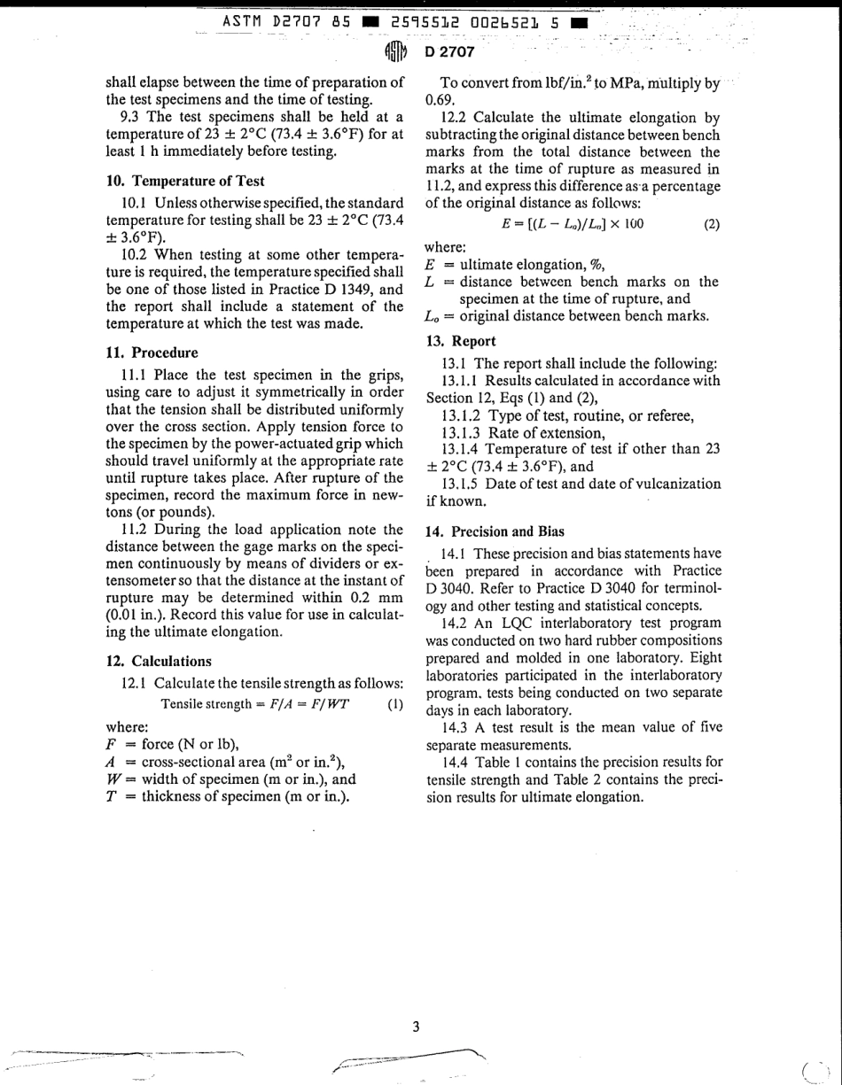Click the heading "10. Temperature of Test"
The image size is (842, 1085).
(185, 181)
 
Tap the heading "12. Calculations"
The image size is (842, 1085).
(159, 661)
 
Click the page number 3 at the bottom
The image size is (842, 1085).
(416, 1027)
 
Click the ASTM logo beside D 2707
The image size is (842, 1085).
(395, 51)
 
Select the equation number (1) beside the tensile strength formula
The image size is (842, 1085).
(396, 705)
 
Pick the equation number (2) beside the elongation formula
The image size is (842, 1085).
(712, 224)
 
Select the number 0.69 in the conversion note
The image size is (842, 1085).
(440, 100)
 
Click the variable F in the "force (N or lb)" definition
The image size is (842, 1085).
(112, 743)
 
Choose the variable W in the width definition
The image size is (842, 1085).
(113, 779)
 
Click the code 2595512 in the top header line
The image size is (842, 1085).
(423, 20)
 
